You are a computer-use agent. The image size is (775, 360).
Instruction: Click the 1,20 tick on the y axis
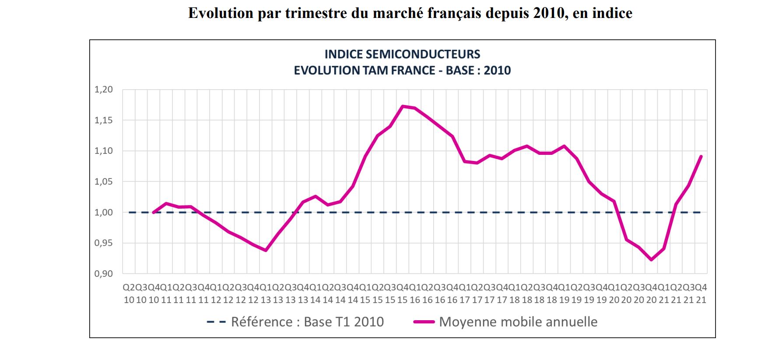point(104,90)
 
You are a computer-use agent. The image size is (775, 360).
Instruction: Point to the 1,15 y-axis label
point(104,120)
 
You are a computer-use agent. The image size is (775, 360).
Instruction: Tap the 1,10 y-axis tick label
point(104,151)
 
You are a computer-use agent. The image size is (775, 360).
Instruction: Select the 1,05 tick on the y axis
point(104,182)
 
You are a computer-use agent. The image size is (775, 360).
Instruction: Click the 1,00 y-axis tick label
point(104,213)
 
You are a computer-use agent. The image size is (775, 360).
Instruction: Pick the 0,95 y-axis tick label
point(104,243)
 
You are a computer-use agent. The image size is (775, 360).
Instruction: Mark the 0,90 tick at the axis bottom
point(104,274)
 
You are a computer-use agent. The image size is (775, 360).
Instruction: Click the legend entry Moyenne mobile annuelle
point(518,322)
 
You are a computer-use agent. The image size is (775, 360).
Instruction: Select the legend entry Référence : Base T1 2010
point(307,322)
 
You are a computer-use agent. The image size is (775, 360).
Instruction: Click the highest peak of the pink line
point(403,106)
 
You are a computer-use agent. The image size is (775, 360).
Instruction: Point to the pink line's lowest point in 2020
point(652,260)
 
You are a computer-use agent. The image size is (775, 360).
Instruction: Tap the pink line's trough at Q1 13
point(266,250)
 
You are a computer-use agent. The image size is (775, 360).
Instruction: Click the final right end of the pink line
point(701,156)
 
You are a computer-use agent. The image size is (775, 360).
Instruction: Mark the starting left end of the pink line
point(154,213)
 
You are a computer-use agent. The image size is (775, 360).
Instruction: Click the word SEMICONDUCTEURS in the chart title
point(423,54)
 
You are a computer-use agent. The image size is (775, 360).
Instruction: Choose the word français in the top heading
point(456,13)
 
